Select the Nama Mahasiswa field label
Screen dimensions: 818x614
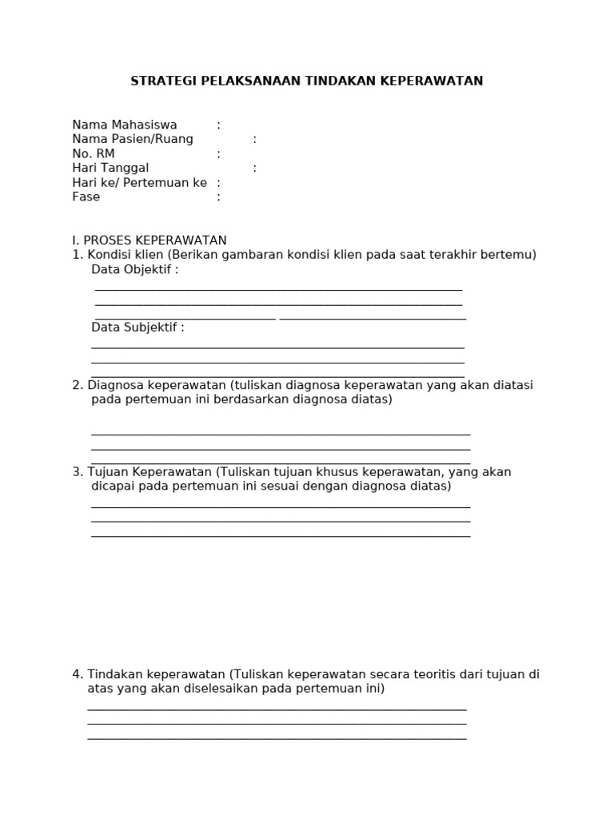tap(125, 125)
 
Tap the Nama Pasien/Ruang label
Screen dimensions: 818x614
tap(133, 140)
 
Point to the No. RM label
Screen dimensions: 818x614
tap(94, 154)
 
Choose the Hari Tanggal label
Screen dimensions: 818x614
tap(110, 169)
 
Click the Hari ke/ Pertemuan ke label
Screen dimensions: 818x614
tap(139, 183)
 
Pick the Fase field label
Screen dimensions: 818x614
tap(86, 197)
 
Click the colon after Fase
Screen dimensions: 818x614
tap(218, 197)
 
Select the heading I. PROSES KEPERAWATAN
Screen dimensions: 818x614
tap(150, 240)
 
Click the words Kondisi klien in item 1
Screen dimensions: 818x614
tap(126, 255)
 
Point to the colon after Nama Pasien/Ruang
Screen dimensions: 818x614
tap(255, 140)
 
